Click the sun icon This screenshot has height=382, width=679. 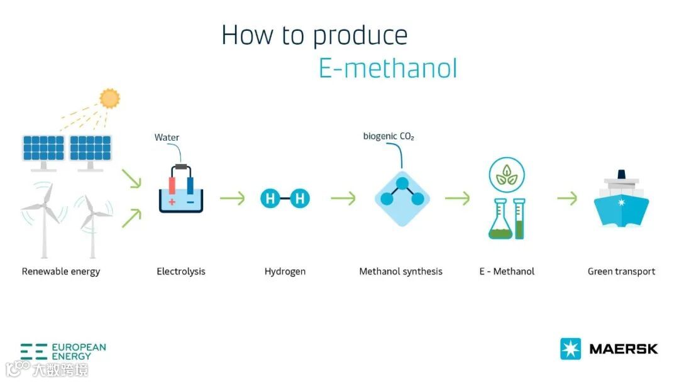pos(109,98)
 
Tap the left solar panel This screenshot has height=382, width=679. pos(43,148)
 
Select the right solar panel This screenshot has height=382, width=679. pos(90,148)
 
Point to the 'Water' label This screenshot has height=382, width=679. pos(167,138)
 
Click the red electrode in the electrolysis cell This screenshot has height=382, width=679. pos(172,185)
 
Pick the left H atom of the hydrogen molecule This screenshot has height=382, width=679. pos(270,200)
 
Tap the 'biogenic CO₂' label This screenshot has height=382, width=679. pos(389,136)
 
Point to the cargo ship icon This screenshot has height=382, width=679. pos(621,201)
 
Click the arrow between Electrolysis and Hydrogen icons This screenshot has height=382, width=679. pos(232,199)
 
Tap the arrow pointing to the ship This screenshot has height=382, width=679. pos(567,199)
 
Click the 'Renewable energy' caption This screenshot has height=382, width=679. pos(61,271)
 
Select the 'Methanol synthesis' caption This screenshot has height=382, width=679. pos(400,271)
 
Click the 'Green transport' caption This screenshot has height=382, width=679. pos(621,271)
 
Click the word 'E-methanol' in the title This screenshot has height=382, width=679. pos(387,68)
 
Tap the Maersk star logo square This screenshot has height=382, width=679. pos(570,349)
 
